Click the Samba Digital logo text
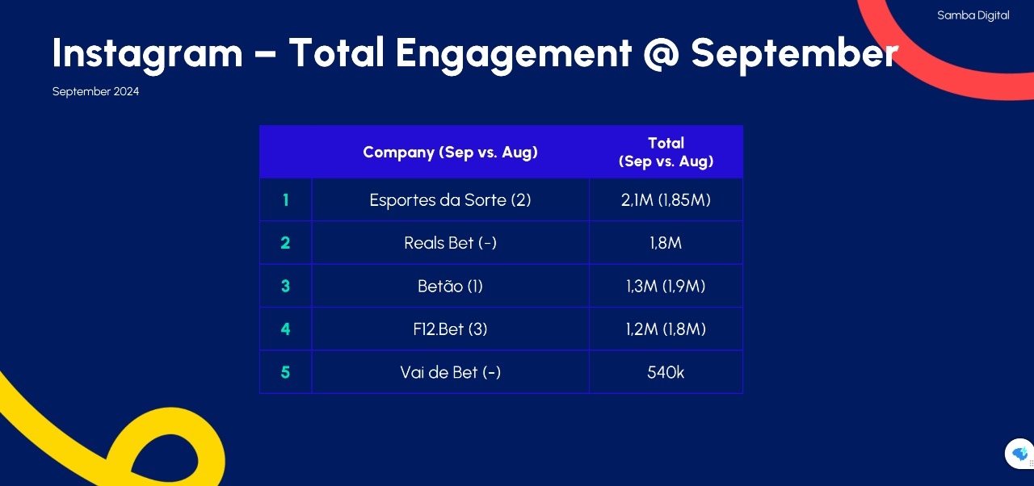(x=973, y=15)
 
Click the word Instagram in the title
(x=148, y=54)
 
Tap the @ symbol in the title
(x=661, y=54)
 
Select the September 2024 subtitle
(x=95, y=91)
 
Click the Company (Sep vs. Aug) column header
(x=450, y=152)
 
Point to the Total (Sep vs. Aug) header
(x=666, y=152)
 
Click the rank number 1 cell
(x=286, y=199)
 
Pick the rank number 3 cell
(x=286, y=286)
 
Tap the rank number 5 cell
(x=286, y=372)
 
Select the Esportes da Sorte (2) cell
(x=450, y=200)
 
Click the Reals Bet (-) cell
(x=450, y=243)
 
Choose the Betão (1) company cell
(x=450, y=286)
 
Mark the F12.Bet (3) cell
(x=450, y=329)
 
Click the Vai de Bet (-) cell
(x=450, y=372)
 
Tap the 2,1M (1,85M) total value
(x=666, y=200)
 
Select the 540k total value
(x=666, y=372)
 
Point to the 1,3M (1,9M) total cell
(x=666, y=286)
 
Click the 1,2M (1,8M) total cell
(x=666, y=329)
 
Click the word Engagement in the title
(x=513, y=54)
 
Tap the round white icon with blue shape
(x=1019, y=454)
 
